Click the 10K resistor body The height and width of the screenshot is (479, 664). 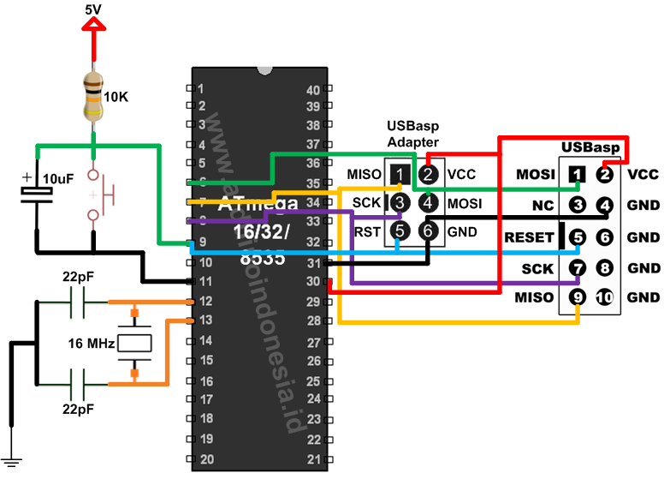click(93, 96)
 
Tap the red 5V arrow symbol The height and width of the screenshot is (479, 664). click(93, 26)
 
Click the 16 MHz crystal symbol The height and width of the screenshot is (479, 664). click(133, 344)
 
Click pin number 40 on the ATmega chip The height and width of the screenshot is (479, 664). click(312, 89)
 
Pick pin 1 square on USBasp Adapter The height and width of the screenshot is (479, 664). click(400, 175)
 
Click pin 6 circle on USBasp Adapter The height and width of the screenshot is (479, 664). click(429, 231)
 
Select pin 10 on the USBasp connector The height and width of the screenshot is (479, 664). click(606, 298)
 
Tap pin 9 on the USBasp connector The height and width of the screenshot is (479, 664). click(578, 298)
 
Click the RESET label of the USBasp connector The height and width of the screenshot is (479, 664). click(529, 237)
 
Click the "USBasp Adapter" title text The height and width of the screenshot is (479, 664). click(413, 134)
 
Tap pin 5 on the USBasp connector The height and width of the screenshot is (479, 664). click(578, 237)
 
